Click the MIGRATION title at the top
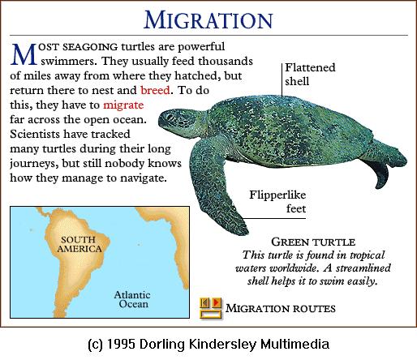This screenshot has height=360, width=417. [x=208, y=19]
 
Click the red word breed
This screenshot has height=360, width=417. [x=155, y=90]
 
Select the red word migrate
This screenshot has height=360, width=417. [x=123, y=105]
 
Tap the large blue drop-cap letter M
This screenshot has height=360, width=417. [x=24, y=54]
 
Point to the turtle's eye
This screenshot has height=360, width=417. [x=170, y=117]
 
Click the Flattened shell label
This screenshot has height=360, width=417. [x=310, y=75]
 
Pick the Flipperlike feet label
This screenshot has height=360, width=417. [x=277, y=202]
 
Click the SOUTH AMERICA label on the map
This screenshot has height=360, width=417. [x=80, y=244]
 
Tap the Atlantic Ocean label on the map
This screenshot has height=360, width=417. [x=132, y=299]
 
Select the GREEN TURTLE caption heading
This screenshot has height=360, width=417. [x=313, y=242]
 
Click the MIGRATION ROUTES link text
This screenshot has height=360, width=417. [x=281, y=308]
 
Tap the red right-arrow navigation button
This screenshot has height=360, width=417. [x=216, y=302]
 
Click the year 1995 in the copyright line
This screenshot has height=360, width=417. [x=121, y=345]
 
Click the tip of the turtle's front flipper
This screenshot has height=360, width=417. [x=246, y=232]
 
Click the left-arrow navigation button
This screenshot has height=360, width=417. [x=205, y=302]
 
